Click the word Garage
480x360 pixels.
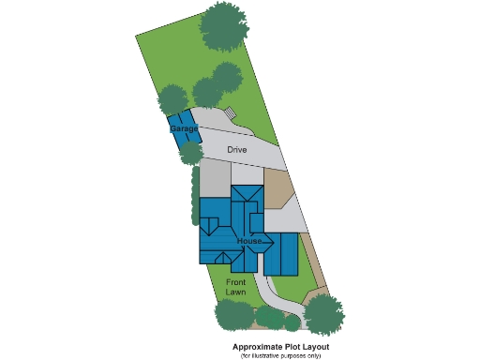click(183, 127)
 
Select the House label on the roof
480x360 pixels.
click(249, 242)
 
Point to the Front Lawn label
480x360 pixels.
click(235, 286)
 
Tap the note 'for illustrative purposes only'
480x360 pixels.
click(280, 355)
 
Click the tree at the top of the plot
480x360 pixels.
click(225, 26)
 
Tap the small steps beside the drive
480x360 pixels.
click(229, 116)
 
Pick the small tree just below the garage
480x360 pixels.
click(190, 152)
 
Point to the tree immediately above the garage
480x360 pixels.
click(174, 99)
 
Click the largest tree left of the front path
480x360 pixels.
click(234, 314)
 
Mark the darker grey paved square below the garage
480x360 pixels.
click(215, 177)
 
